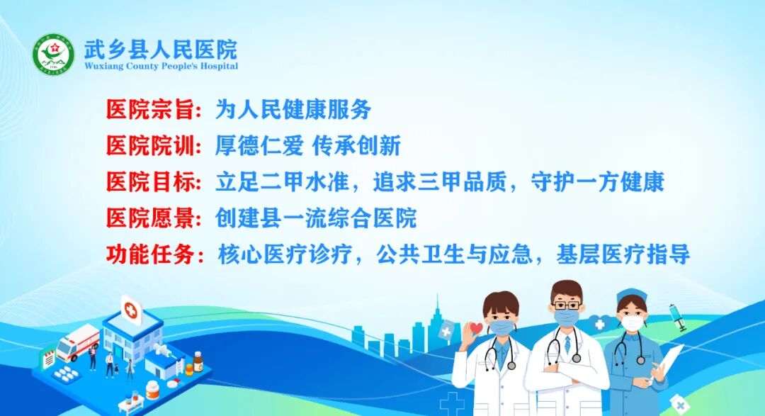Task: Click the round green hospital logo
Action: point(53,54)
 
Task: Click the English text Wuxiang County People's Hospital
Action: point(161,67)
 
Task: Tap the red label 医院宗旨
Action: point(150,109)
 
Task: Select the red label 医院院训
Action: point(150,146)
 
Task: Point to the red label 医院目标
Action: point(150,182)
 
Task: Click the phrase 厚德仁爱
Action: point(259,146)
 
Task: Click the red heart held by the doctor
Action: point(477,328)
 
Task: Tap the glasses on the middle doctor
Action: point(566,305)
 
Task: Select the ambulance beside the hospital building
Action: point(78,343)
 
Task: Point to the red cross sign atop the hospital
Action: point(130,309)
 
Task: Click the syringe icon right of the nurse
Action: point(677,316)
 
